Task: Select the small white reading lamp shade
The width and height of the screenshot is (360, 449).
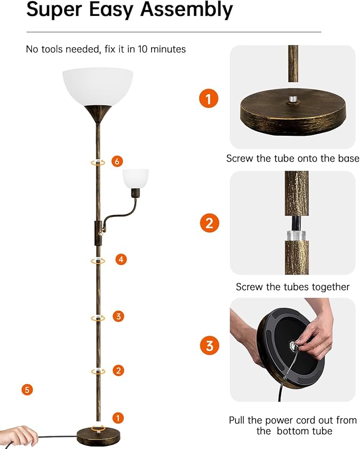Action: click(x=136, y=177)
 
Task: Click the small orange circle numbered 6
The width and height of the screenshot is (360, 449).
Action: click(x=118, y=162)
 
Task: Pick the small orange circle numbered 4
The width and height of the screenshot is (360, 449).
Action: click(x=121, y=259)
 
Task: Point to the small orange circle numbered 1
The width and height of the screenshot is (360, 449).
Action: click(x=118, y=418)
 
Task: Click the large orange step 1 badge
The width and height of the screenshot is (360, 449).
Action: click(x=209, y=99)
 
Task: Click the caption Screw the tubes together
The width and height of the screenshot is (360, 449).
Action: click(x=293, y=287)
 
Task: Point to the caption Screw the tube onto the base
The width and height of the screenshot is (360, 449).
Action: click(x=293, y=159)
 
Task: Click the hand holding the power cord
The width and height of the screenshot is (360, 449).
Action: click(x=19, y=435)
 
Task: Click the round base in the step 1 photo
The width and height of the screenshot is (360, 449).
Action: click(x=293, y=110)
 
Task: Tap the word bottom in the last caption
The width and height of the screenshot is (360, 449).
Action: click(x=295, y=431)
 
